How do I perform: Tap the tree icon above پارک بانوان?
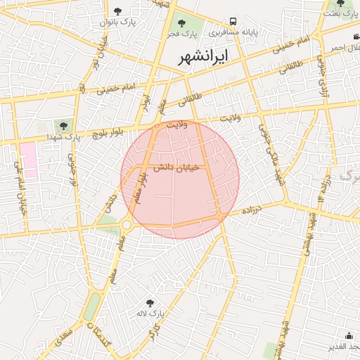(117, 11)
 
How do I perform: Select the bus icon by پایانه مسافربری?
(233, 22)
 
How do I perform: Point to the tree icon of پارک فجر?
(181, 23)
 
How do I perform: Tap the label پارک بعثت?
(345, 13)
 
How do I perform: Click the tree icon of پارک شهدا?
(64, 126)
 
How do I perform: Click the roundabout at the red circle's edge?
(127, 225)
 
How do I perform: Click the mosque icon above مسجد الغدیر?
(349, 335)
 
